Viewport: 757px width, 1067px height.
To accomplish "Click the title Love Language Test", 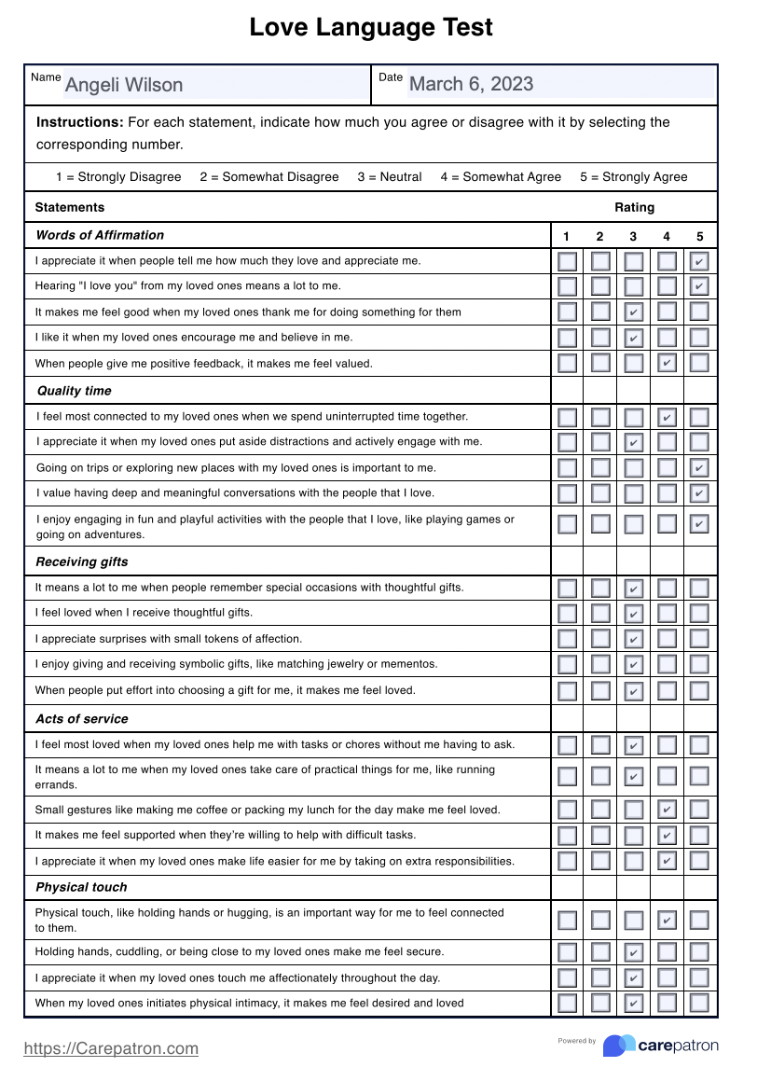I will (371, 28).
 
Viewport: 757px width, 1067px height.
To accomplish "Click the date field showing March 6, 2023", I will (559, 84).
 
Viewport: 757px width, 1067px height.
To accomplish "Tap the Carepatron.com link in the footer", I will (111, 1048).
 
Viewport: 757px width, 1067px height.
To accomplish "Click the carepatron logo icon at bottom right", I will (619, 1046).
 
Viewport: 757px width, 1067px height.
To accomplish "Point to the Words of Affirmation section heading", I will (100, 235).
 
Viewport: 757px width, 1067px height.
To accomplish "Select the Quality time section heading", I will (74, 391).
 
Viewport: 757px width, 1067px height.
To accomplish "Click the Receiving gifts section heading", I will (82, 561).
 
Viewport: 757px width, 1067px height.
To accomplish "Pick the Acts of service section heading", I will (82, 719).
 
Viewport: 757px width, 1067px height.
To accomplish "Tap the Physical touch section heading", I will (81, 887).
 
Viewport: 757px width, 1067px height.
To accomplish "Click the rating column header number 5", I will (699, 236).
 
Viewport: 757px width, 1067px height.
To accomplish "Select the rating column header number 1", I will (567, 236).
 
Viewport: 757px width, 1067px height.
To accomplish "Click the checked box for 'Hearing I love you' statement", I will (699, 286).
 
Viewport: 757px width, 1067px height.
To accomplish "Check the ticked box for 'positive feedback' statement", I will (667, 363).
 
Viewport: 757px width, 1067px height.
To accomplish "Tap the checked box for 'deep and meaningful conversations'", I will (699, 493).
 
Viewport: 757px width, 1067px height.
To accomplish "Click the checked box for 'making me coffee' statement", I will (667, 810).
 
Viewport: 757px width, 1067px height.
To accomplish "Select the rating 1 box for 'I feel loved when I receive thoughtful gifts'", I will (567, 614).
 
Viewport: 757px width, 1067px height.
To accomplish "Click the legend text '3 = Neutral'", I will (389, 176).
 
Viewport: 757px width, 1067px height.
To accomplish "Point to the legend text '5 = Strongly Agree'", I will (633, 176).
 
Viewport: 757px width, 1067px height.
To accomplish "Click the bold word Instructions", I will (79, 122).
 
